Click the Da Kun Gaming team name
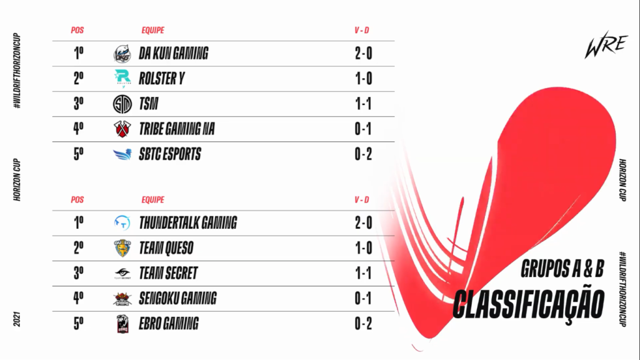(173, 54)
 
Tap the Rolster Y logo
(122, 79)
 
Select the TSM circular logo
(122, 104)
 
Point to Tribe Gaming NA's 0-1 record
(363, 129)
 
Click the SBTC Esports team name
(170, 154)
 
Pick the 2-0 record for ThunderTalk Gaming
(363, 222)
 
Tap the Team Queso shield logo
(122, 248)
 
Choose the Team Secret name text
(168, 273)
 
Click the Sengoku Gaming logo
(122, 299)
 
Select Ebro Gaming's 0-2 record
(363, 324)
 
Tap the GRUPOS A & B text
(562, 269)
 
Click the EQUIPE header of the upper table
(152, 30)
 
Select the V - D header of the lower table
(362, 200)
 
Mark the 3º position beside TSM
(79, 104)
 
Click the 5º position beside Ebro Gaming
(79, 324)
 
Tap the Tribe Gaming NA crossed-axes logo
(122, 129)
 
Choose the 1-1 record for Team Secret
(363, 273)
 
